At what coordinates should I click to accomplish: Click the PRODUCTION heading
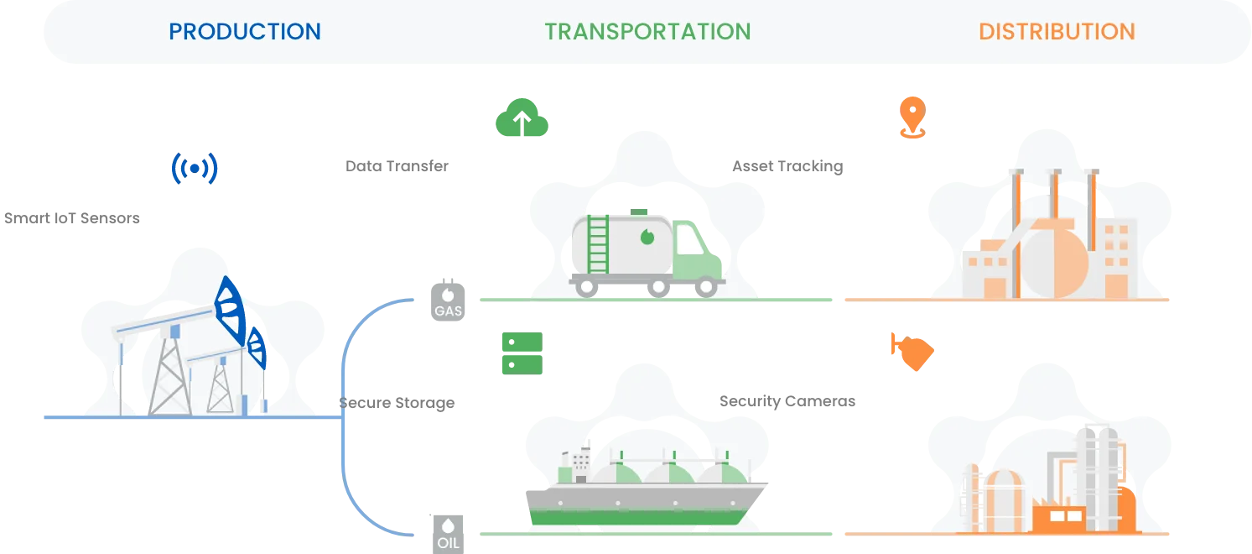point(245,32)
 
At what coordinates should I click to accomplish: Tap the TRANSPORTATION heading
point(647,32)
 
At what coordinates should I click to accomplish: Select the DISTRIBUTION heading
point(1057,32)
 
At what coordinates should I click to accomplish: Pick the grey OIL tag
point(448,532)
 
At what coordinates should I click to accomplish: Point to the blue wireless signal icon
point(194,168)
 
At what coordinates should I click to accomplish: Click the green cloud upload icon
point(520,118)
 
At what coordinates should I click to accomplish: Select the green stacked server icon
point(520,353)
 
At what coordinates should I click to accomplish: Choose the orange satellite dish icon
point(911,352)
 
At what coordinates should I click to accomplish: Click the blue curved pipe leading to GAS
point(361,327)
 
